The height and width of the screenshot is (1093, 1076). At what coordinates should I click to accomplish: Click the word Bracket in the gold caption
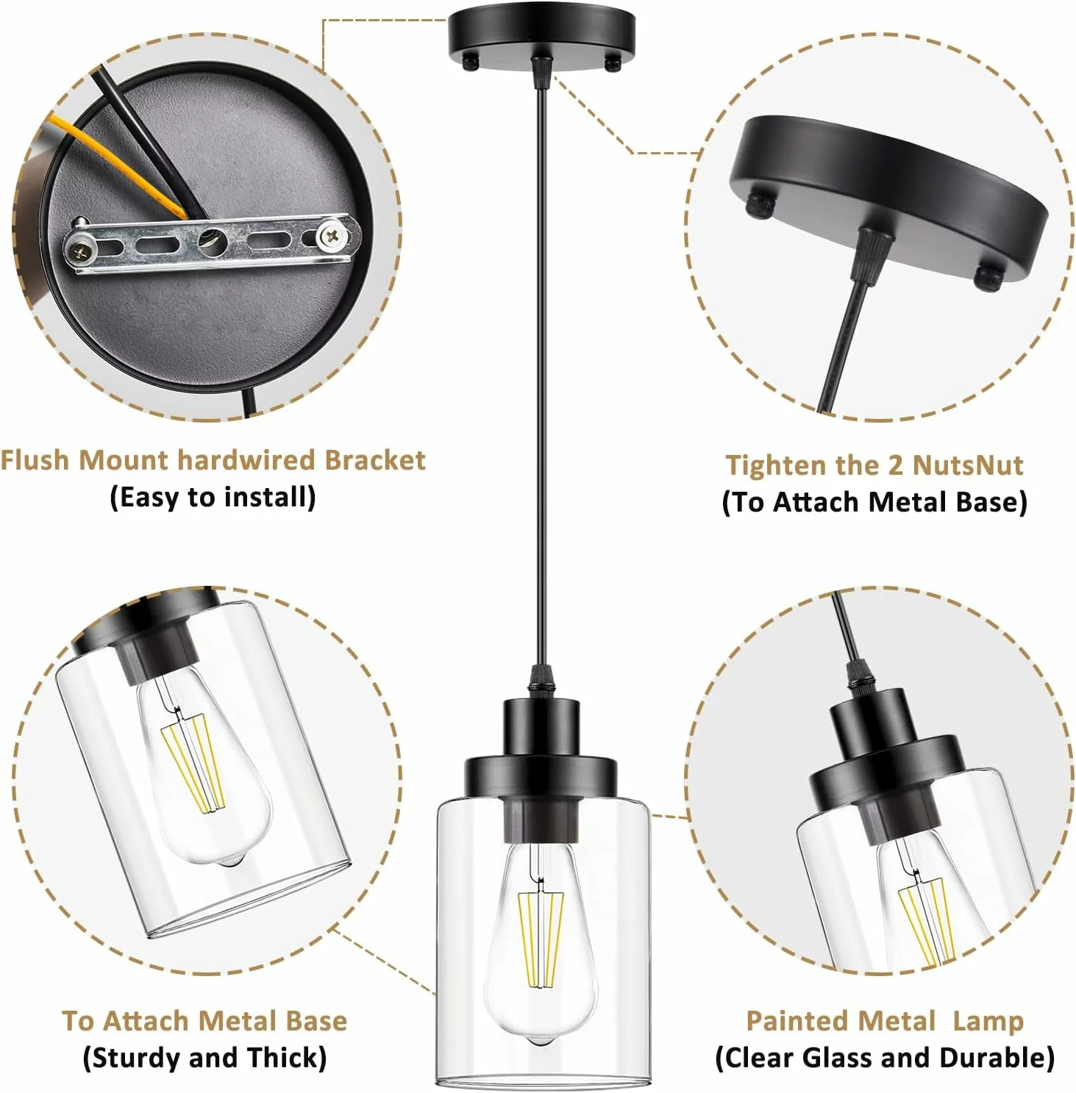(375, 460)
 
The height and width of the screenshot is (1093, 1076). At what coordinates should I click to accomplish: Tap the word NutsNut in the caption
(968, 465)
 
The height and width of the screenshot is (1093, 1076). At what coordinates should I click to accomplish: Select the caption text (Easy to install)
(213, 498)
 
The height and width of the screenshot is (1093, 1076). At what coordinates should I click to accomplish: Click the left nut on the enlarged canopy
(761, 205)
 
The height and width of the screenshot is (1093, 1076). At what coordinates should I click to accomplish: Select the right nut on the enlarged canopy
(988, 277)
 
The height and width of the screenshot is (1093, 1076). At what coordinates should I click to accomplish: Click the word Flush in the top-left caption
(35, 460)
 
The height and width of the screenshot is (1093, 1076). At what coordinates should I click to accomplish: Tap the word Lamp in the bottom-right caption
(988, 1022)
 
